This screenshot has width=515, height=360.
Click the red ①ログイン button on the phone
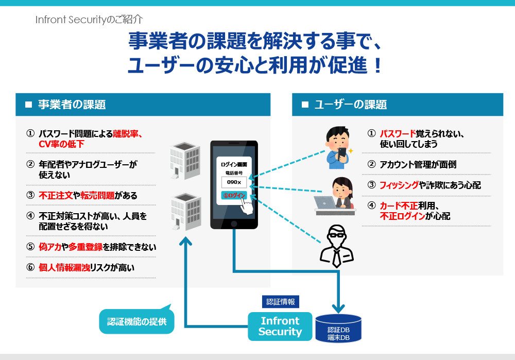pos(234,195)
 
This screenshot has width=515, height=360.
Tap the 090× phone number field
pos(234,182)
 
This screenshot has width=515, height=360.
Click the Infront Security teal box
pos(280,326)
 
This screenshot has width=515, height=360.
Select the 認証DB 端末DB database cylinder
pos(338,329)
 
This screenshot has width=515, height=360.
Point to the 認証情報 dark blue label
pos(281,301)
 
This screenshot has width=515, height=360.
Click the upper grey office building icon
pos(185,160)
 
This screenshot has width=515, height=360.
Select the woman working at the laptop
pos(337,195)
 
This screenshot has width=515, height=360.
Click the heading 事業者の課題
pos(72,105)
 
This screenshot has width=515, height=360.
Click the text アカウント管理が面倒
pos(418,165)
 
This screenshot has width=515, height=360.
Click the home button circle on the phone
pos(234,224)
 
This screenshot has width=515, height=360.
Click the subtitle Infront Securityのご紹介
pos(89,20)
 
